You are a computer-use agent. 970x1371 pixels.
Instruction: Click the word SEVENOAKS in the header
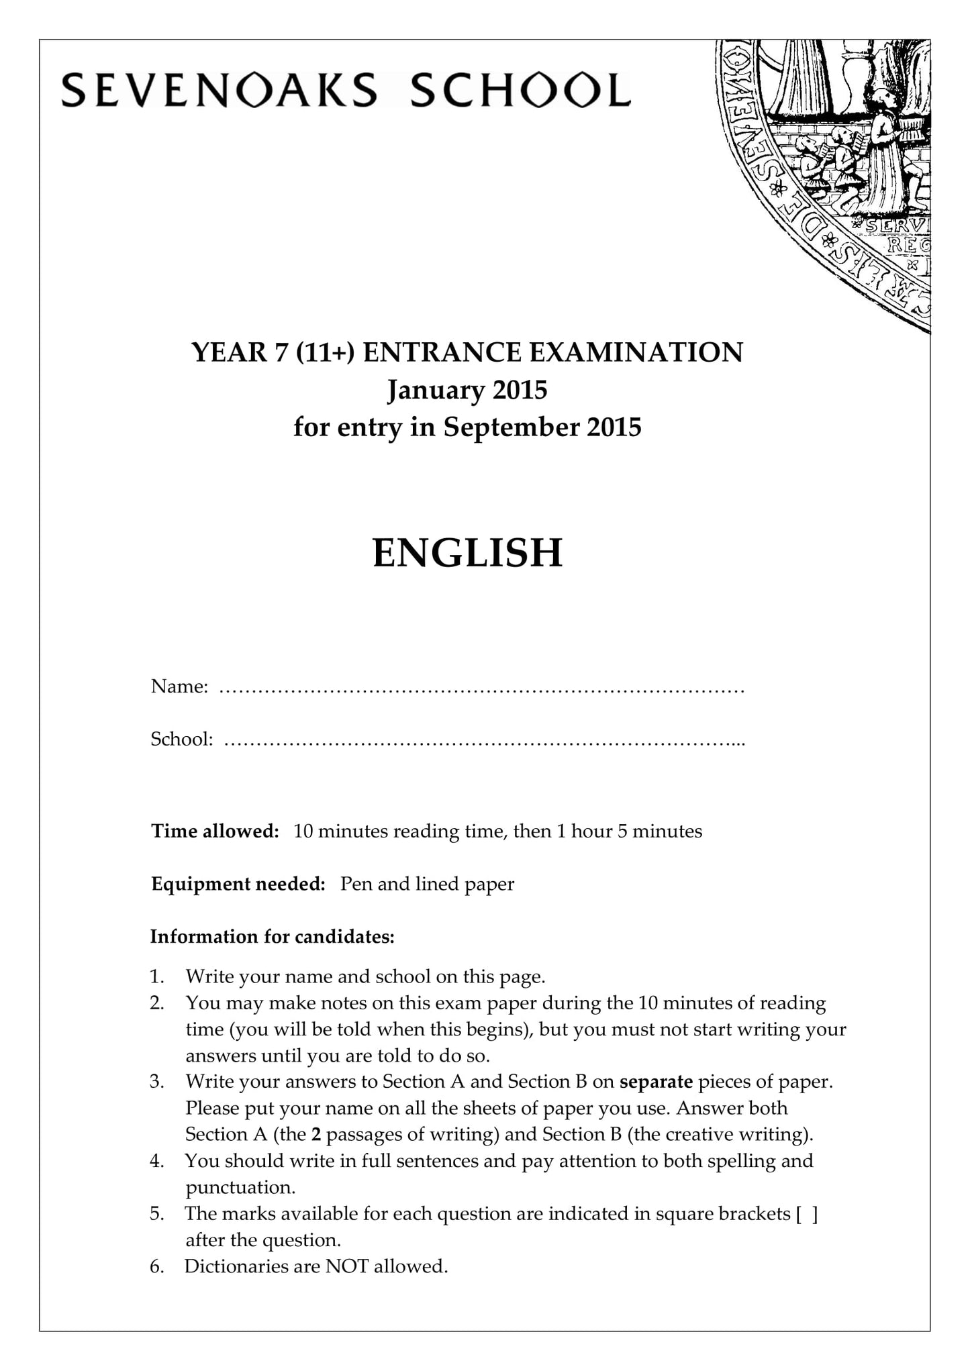click(x=219, y=91)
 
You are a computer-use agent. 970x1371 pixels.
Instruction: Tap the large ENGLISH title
click(x=467, y=553)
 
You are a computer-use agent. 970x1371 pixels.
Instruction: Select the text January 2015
click(x=467, y=390)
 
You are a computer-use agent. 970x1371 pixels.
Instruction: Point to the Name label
click(x=179, y=687)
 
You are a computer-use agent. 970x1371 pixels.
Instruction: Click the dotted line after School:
click(x=483, y=741)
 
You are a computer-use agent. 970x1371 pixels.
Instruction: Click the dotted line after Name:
click(x=482, y=689)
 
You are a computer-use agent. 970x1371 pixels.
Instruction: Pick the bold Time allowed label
click(x=215, y=831)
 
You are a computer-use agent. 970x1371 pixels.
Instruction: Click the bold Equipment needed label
click(x=238, y=884)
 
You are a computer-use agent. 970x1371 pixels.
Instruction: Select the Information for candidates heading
click(x=272, y=936)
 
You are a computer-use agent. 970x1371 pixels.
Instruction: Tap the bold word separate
click(x=656, y=1082)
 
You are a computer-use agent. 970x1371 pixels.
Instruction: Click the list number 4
click(x=156, y=1161)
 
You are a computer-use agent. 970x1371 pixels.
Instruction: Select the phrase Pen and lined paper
click(x=427, y=884)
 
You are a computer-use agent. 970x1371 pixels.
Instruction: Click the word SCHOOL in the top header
click(x=520, y=91)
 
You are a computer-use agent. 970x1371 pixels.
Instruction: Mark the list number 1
click(x=156, y=976)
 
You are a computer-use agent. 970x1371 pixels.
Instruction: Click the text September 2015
click(x=542, y=427)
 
